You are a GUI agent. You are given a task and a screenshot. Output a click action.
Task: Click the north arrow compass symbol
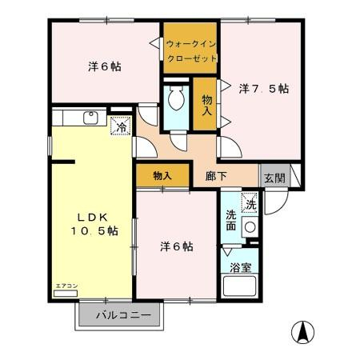click(x=302, y=332)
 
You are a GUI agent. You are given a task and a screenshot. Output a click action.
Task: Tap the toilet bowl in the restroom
click(x=176, y=98)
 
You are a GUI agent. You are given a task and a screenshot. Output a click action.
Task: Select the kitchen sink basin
click(x=91, y=118)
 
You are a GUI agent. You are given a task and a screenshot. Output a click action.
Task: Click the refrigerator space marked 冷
click(x=122, y=126)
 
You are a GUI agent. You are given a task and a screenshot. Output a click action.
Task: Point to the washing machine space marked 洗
click(x=250, y=202)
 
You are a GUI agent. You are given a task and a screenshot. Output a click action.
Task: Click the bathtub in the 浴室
click(x=239, y=286)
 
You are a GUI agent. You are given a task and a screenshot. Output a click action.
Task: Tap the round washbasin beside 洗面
click(x=250, y=227)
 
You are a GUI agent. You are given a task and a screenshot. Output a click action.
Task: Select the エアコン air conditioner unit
click(x=66, y=294)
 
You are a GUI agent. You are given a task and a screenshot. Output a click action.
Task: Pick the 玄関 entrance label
click(x=274, y=178)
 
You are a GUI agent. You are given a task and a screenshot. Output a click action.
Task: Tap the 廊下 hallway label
click(x=216, y=176)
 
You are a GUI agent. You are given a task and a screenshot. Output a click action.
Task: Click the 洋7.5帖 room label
click(x=264, y=89)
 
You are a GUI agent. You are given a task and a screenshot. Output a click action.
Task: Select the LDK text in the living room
click(x=93, y=218)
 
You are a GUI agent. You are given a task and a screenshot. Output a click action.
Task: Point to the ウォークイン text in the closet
click(x=191, y=44)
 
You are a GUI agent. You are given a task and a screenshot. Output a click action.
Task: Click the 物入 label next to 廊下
click(x=162, y=175)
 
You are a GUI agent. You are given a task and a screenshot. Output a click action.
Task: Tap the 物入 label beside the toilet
click(x=207, y=105)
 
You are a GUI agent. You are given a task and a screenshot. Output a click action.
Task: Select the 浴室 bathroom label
click(x=241, y=267)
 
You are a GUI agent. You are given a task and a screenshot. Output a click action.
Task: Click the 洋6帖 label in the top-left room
click(x=105, y=66)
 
